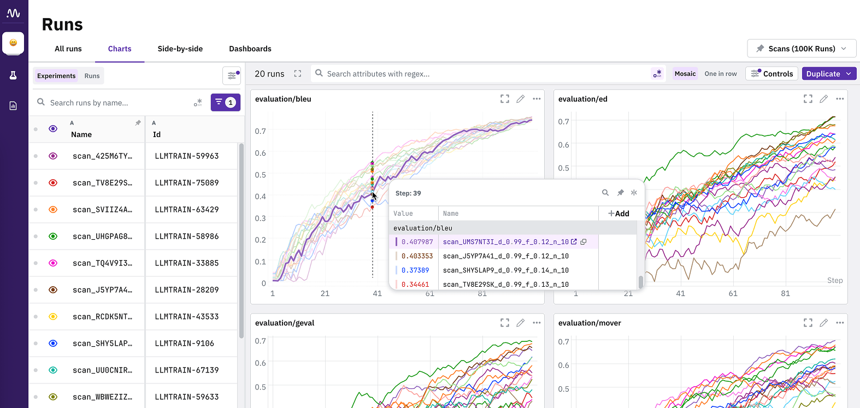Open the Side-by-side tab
[x=180, y=49]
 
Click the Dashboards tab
[x=250, y=49]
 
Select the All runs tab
[x=68, y=49]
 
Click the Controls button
[x=771, y=74]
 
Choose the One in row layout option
[x=720, y=74]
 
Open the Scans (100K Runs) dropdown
[x=802, y=49]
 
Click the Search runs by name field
[x=119, y=103]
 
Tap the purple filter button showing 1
[x=225, y=103]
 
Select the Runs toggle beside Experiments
[x=92, y=75]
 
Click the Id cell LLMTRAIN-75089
[x=187, y=182]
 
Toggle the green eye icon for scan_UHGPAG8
[x=53, y=236]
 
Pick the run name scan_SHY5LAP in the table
[x=103, y=343]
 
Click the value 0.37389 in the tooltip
[x=415, y=270]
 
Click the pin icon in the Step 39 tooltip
[x=620, y=193]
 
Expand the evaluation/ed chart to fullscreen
[x=808, y=99]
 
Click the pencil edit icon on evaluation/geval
[x=520, y=323]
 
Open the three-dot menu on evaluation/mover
[x=840, y=323]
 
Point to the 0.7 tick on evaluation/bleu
[x=260, y=131]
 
